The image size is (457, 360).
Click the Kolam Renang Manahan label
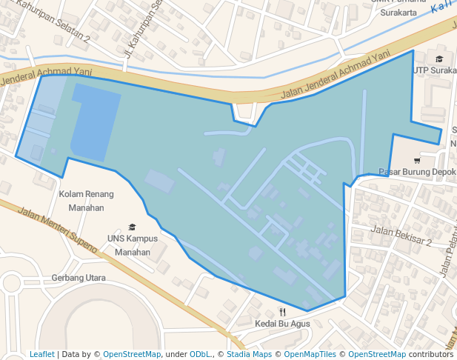click(86, 201)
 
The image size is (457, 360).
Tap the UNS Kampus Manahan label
click(133, 245)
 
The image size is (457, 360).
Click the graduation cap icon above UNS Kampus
click(133, 227)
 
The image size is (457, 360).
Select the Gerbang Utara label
click(79, 278)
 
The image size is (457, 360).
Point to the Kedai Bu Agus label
click(282, 324)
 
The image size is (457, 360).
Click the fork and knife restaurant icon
click(282, 312)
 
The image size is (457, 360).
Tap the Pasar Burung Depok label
click(417, 172)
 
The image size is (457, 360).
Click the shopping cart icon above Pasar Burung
click(417, 160)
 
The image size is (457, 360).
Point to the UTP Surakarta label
click(435, 70)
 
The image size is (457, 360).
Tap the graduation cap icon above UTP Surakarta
click(439, 59)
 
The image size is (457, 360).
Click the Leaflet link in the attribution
click(41, 354)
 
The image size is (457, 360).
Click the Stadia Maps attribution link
click(248, 354)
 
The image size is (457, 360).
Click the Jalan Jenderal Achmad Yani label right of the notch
click(335, 76)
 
